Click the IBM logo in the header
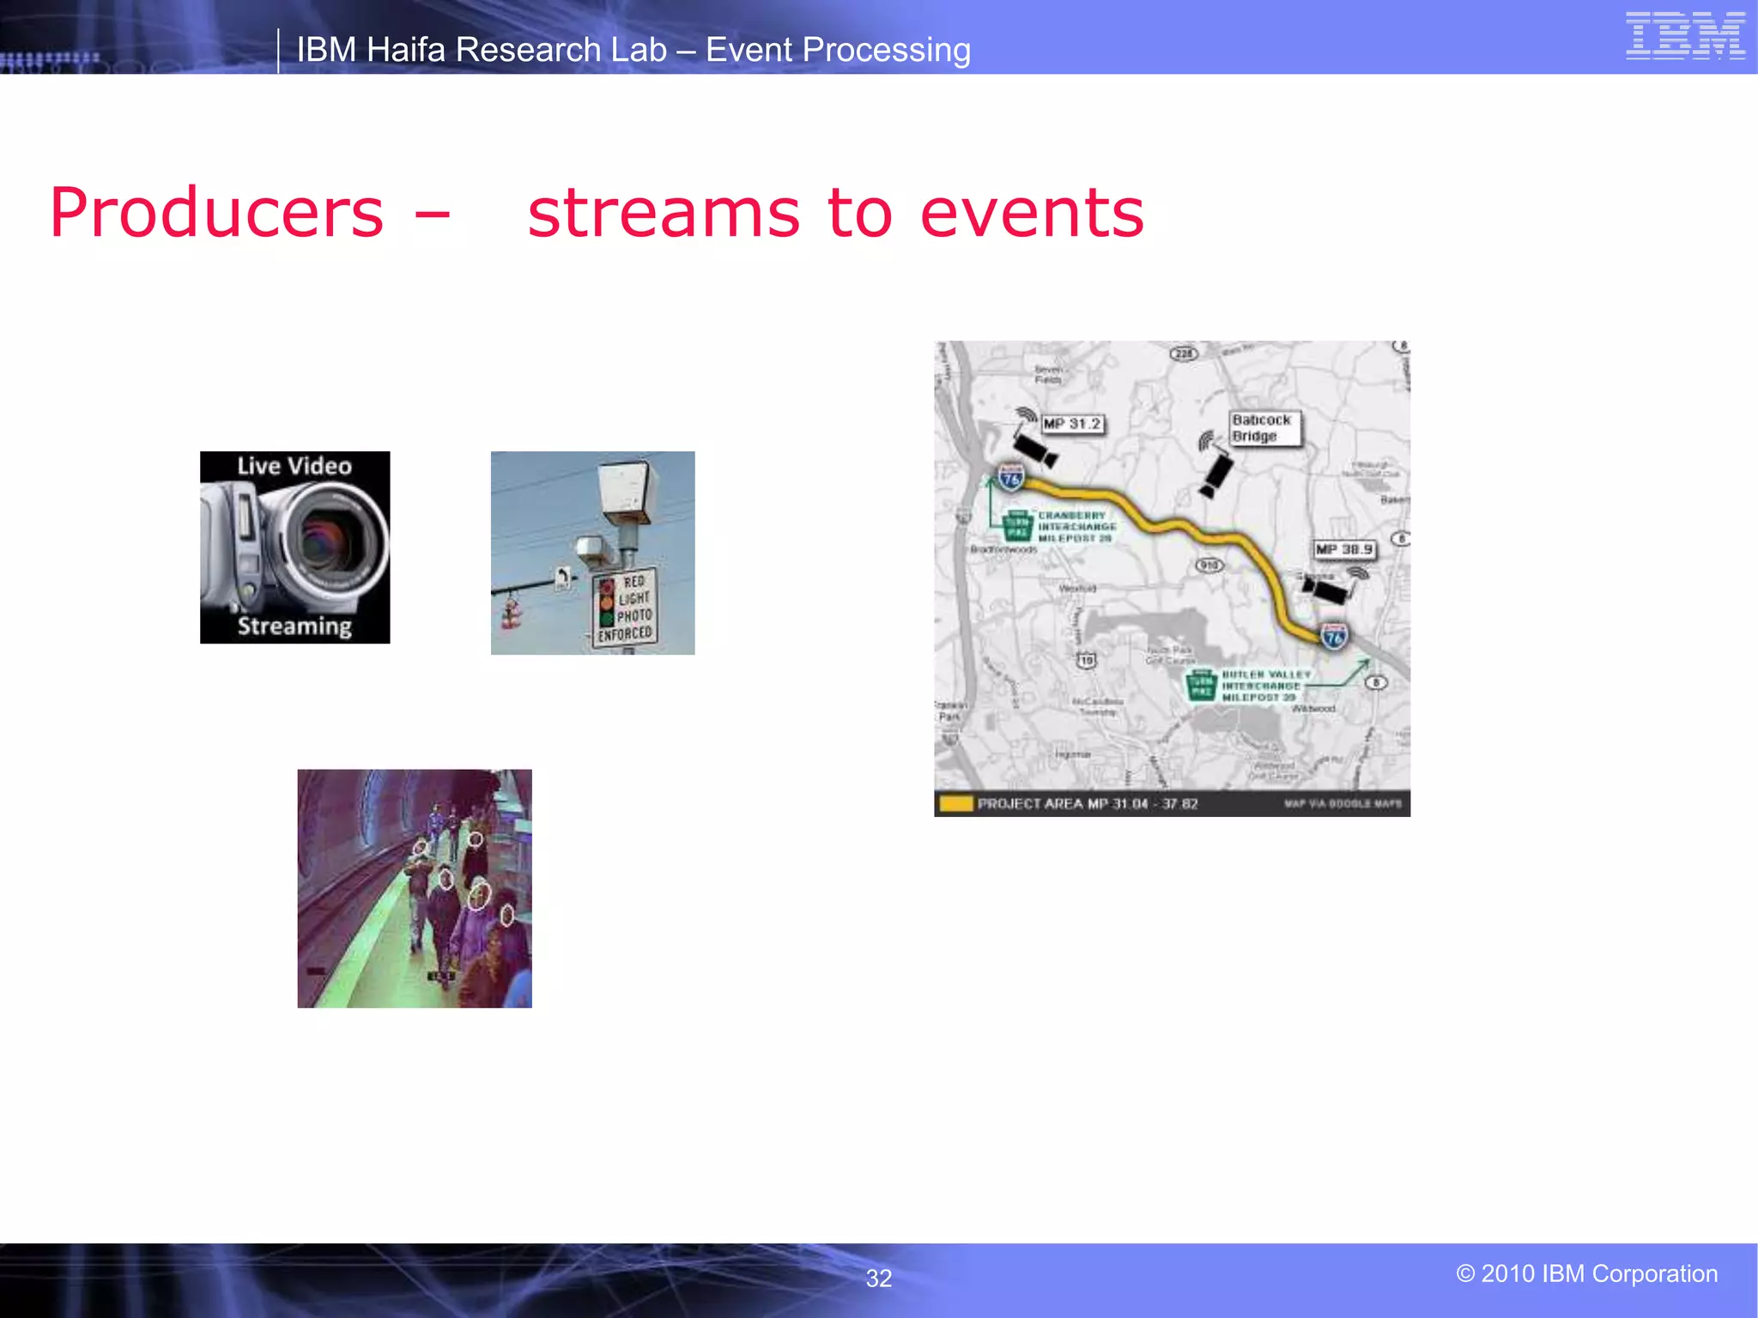coord(1685,36)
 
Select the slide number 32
coord(878,1279)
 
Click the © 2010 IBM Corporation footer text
coord(1586,1273)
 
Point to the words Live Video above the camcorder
coord(294,466)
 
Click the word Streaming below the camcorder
coord(294,626)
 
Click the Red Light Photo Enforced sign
coord(624,608)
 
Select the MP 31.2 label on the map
coord(1071,424)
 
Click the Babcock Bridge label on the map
coord(1262,428)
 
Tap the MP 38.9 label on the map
coord(1344,549)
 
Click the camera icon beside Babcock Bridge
coord(1215,471)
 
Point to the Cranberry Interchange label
coord(1076,527)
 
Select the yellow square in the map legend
coord(955,804)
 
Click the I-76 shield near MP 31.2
coord(1011,477)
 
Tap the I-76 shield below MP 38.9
coord(1334,637)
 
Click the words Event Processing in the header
coord(838,50)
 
